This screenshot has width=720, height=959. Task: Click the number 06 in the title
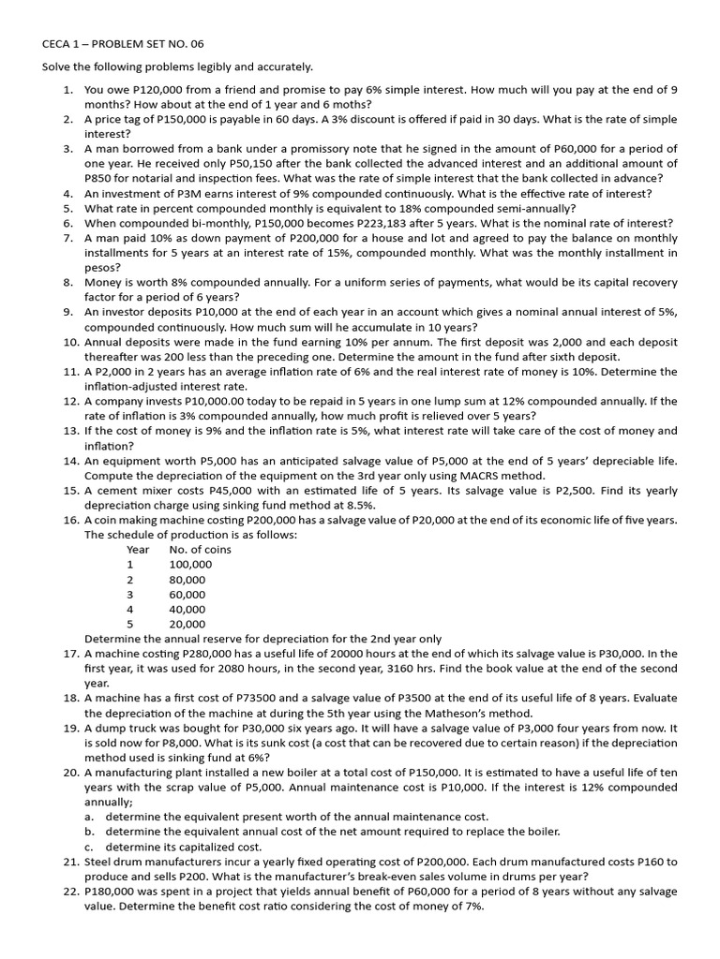tap(194, 44)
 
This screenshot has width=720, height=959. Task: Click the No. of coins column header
tap(200, 550)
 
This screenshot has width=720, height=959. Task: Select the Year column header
tap(138, 550)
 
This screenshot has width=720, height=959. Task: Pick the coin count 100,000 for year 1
tap(190, 565)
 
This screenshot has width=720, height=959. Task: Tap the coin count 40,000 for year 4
tap(187, 609)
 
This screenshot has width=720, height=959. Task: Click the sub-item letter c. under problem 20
tap(89, 847)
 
